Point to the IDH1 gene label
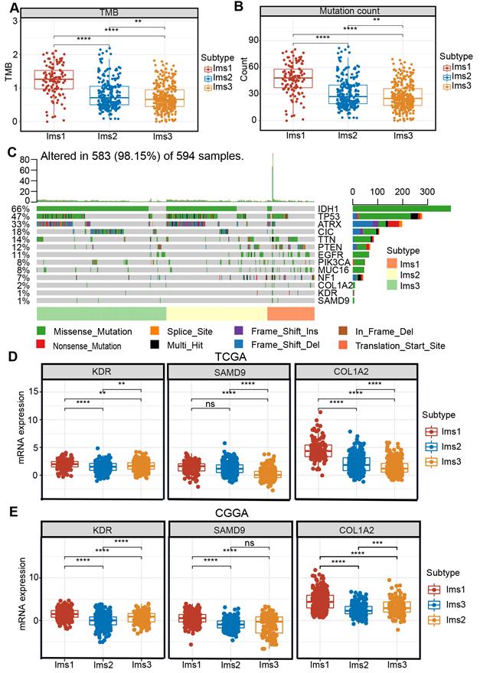328,208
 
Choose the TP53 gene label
328,217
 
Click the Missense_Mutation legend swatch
43,332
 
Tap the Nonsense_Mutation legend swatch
43,346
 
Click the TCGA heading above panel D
232,356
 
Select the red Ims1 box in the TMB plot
53,80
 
